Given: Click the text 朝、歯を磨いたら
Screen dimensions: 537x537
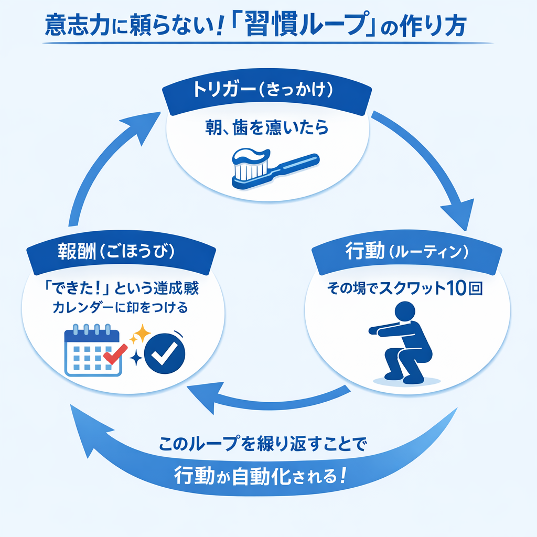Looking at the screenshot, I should coord(267,127).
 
